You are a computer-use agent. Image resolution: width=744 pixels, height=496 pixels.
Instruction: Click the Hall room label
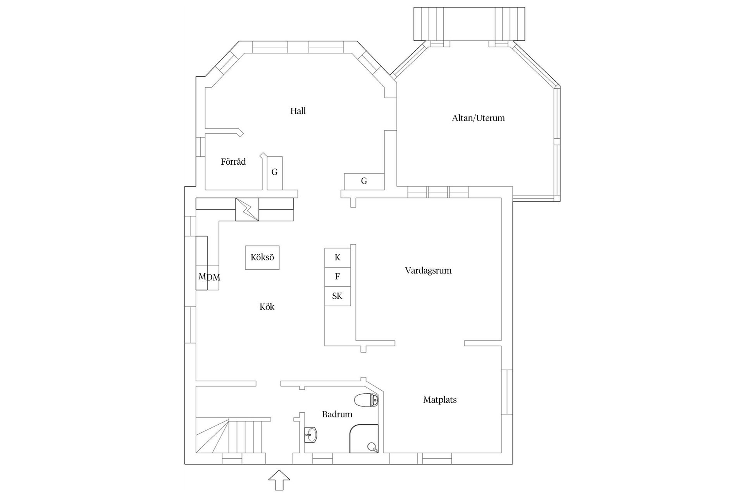point(298,111)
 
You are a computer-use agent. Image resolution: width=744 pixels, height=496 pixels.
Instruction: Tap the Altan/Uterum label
point(478,118)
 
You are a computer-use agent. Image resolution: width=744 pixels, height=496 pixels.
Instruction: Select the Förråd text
point(233,162)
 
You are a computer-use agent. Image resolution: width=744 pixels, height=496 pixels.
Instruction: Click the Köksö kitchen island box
point(262,257)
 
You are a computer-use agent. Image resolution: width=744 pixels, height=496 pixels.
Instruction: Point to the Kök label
point(267,307)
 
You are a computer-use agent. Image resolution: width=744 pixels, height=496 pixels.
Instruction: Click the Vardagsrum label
point(428,270)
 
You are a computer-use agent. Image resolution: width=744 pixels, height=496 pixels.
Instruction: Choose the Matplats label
point(439,400)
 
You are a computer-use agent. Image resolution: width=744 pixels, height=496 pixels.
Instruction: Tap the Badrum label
point(337,414)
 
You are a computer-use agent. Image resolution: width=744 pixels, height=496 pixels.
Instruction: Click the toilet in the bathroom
point(366,400)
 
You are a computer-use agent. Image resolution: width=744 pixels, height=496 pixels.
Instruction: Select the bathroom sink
point(310,435)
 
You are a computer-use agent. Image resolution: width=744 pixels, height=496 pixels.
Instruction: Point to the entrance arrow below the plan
point(279,480)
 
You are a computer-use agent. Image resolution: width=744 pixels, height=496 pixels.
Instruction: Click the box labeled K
point(337,258)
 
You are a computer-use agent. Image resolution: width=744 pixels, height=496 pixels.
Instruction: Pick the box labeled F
point(337,277)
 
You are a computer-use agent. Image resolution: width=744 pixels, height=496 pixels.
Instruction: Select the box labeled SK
point(337,296)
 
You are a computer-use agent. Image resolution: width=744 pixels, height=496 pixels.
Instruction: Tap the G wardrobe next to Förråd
point(274,172)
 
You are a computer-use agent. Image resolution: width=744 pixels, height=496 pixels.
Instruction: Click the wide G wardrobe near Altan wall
point(364,181)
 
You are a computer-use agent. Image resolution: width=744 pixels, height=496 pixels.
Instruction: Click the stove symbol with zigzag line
point(247,210)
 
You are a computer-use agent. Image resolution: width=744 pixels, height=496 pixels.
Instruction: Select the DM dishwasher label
point(214,278)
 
